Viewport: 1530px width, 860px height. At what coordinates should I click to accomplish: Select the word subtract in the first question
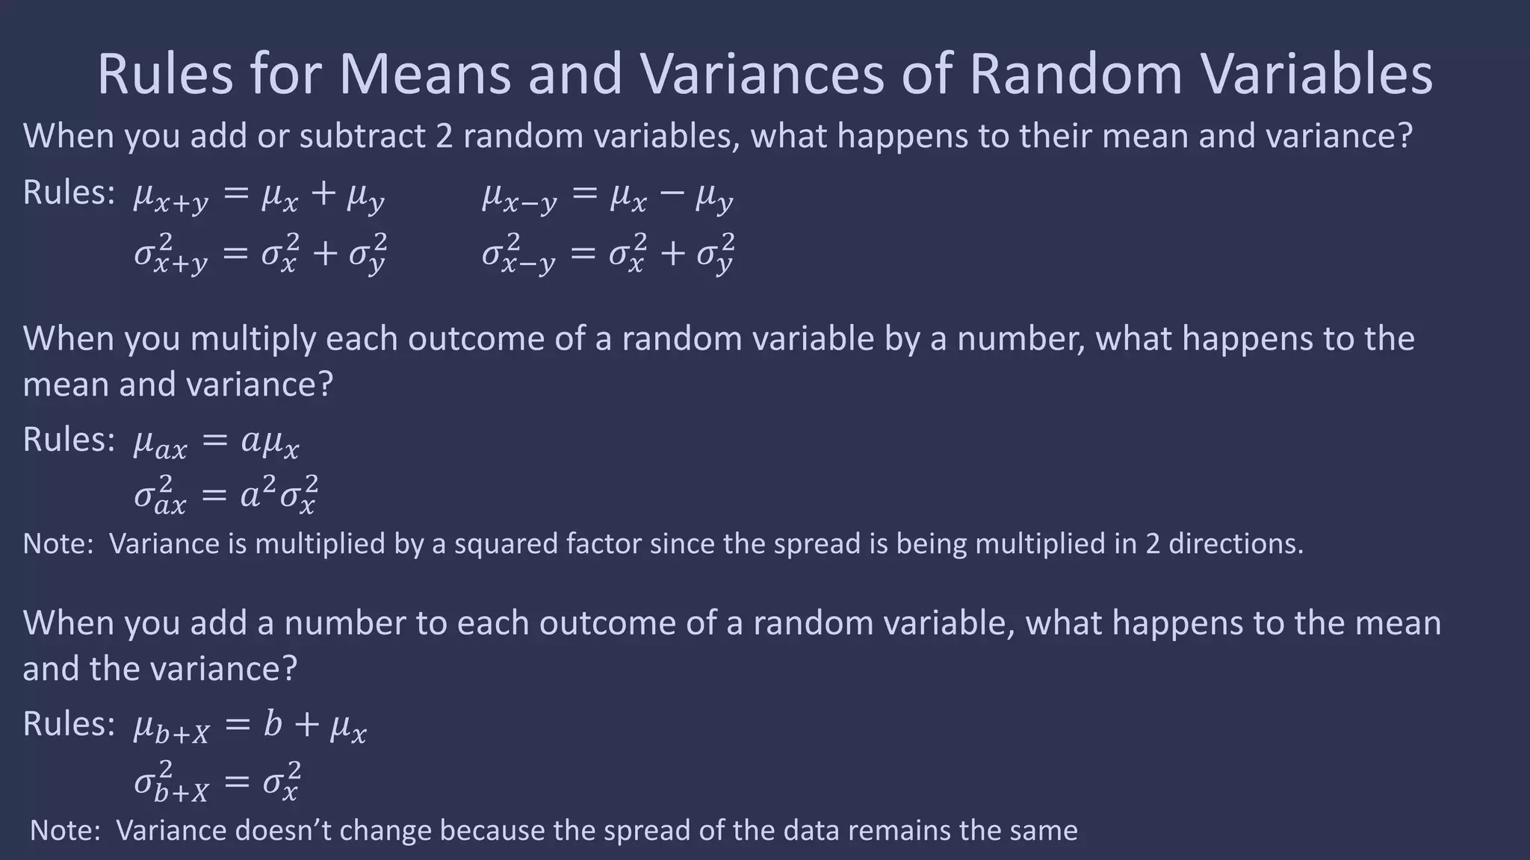pos(350,136)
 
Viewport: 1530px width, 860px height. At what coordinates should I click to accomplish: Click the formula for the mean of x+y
pos(259,196)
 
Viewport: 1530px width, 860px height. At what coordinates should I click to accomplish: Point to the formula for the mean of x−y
pos(607,196)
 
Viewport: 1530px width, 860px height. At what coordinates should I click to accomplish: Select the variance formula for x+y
pos(260,253)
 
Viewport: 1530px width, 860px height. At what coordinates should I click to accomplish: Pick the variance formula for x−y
pos(608,253)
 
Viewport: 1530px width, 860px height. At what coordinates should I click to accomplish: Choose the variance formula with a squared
pos(226,494)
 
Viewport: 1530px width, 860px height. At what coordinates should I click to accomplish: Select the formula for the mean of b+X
pos(250,726)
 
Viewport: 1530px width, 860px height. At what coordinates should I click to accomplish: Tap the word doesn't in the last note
pos(284,830)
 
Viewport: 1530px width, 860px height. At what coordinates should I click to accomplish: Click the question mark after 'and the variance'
pos(290,669)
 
